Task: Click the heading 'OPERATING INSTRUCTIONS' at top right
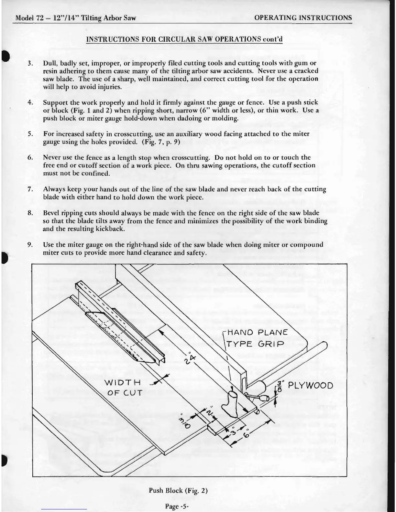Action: pos(303,17)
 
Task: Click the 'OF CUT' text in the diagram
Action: pos(125,393)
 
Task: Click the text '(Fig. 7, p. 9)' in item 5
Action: pos(159,142)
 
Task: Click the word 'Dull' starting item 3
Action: pos(49,63)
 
